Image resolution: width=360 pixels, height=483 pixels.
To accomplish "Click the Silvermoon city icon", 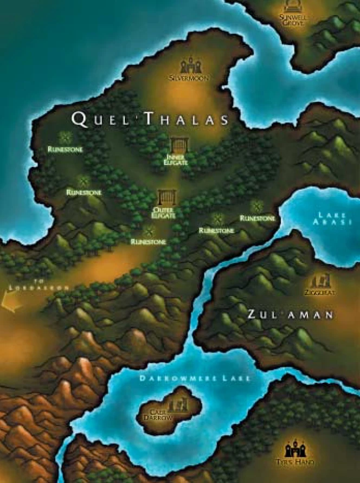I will (x=190, y=66).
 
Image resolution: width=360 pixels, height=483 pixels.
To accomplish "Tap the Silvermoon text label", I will (x=189, y=79).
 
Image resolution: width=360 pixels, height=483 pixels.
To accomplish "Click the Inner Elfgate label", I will (x=177, y=160).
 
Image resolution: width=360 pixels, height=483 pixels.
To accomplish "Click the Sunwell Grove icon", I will (x=293, y=6).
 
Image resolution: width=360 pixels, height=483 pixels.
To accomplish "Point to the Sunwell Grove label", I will (x=293, y=20).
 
